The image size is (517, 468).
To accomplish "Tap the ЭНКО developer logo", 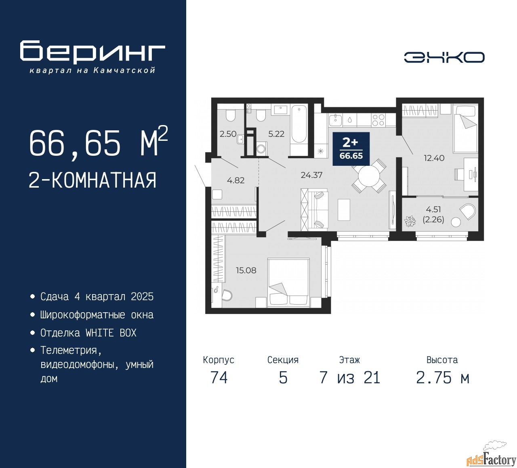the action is [444, 57].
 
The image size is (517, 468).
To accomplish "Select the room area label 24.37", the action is [311, 175].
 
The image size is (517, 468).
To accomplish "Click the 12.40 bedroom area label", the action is [434, 158].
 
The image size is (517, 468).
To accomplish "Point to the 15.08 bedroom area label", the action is [246, 270].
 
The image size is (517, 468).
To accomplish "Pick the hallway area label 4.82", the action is [235, 180].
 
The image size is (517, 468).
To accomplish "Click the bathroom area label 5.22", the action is [276, 134].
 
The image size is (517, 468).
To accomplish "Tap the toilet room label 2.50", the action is [228, 134].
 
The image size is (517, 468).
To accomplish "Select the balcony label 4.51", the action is [433, 209].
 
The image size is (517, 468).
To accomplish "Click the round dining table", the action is [369, 176].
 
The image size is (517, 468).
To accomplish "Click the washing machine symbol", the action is [262, 149].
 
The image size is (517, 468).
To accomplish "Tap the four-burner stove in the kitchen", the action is [378, 120].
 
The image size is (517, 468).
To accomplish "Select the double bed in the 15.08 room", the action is [288, 282].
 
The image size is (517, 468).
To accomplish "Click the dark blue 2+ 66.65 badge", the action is [351, 149].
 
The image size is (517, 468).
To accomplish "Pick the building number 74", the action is [219, 378].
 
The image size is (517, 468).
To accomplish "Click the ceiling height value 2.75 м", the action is [442, 378].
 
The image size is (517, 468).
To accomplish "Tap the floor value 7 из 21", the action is [349, 378].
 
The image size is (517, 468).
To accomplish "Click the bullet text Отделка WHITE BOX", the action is [88, 333].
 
